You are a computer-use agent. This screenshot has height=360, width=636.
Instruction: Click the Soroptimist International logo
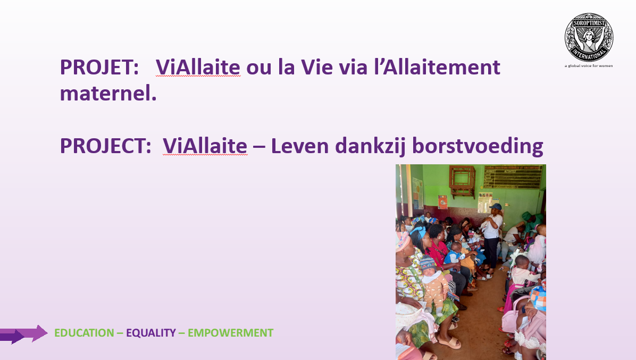coord(589,37)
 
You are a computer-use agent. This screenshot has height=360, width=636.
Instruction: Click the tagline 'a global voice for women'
coord(589,66)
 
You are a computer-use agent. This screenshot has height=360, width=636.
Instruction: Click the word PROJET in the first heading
coord(99,68)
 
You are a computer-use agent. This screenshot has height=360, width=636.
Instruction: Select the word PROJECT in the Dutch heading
coord(105,146)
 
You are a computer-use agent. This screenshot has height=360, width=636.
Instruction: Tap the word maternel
coord(108,94)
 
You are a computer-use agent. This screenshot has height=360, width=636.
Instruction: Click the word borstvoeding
coord(478,146)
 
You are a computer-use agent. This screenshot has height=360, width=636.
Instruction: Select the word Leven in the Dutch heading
coord(300,146)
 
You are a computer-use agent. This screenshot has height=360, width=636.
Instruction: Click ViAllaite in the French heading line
coord(198,68)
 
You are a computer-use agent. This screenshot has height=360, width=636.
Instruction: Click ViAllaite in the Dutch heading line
coord(205,146)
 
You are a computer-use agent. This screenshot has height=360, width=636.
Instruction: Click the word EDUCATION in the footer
coord(85,333)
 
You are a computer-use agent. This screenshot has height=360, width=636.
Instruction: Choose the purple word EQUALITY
coord(151,333)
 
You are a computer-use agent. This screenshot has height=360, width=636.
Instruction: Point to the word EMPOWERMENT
coord(230,333)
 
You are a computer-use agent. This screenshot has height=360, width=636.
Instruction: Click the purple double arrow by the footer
coord(23,334)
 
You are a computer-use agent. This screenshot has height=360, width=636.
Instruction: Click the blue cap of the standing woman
coord(496,207)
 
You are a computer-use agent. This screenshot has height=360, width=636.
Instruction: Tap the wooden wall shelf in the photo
coord(462,181)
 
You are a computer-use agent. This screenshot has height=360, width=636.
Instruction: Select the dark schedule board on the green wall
coord(513,177)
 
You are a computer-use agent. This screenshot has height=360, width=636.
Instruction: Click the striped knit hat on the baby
coord(428,264)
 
